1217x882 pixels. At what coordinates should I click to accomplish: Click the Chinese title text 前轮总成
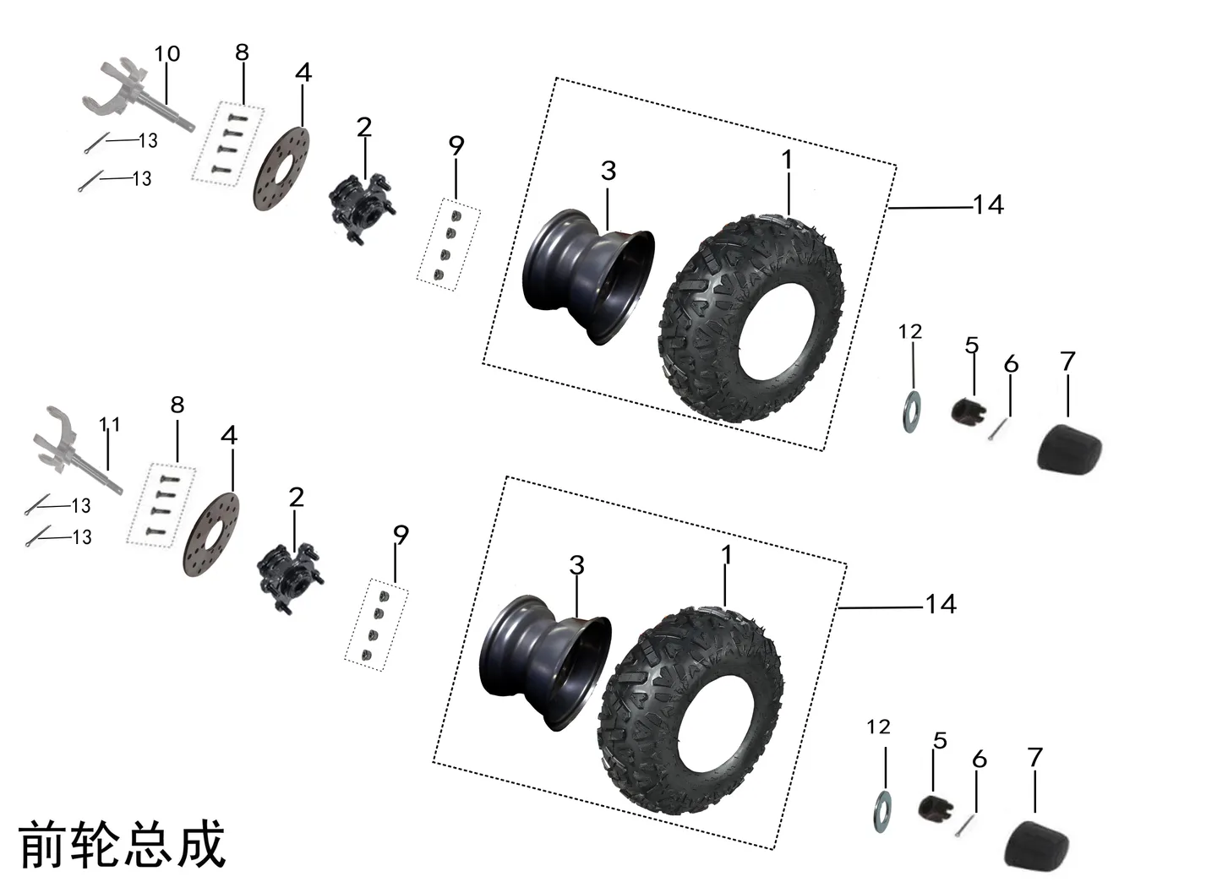[x=123, y=844]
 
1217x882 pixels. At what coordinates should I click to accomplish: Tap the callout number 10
[x=167, y=54]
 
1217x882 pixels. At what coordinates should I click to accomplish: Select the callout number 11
[x=109, y=424]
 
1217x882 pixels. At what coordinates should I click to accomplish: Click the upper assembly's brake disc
[x=281, y=169]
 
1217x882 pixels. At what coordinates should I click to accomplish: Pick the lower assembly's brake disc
[x=211, y=534]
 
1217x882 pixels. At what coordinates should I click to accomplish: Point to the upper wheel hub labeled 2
[x=363, y=208]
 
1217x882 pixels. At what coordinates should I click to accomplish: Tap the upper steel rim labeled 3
[x=588, y=277]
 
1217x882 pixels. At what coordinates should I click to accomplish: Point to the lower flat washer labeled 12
[x=881, y=812]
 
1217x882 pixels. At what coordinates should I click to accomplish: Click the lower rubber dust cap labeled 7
[x=1037, y=845]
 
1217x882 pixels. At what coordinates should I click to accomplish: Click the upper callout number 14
[x=988, y=204]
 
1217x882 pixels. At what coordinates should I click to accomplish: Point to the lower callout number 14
[x=941, y=604]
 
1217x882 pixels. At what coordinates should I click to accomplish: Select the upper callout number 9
[x=456, y=145]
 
